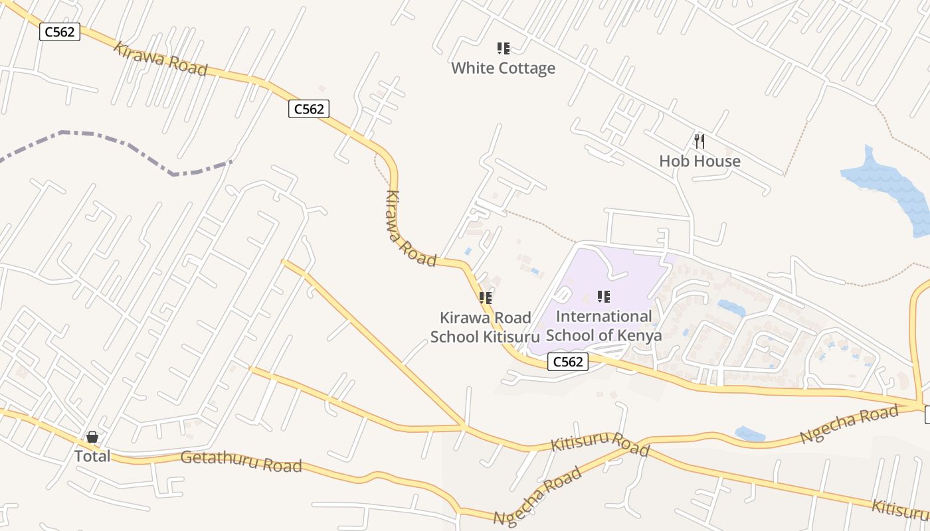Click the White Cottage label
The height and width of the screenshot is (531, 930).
coord(503,68)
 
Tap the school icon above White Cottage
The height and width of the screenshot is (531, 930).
coord(504,48)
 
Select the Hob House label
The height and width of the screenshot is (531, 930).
coord(699,161)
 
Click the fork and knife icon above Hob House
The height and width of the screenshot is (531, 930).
coord(699,141)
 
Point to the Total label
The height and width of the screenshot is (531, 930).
coord(92,456)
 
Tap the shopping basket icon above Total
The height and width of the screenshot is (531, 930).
coord(92,437)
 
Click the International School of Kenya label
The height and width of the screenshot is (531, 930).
coord(604,326)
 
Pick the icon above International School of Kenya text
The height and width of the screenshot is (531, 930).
coord(603,297)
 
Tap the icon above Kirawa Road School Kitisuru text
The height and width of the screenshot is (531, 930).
coord(486,298)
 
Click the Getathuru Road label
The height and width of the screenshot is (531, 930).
coord(241,461)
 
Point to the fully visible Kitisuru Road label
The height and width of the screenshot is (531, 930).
coord(600,443)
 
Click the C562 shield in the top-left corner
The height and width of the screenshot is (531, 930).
coord(60,32)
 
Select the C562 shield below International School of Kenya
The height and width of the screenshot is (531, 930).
coord(568,362)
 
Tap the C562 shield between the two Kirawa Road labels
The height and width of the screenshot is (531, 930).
coord(309,109)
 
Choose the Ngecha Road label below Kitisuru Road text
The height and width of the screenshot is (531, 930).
coord(537,495)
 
